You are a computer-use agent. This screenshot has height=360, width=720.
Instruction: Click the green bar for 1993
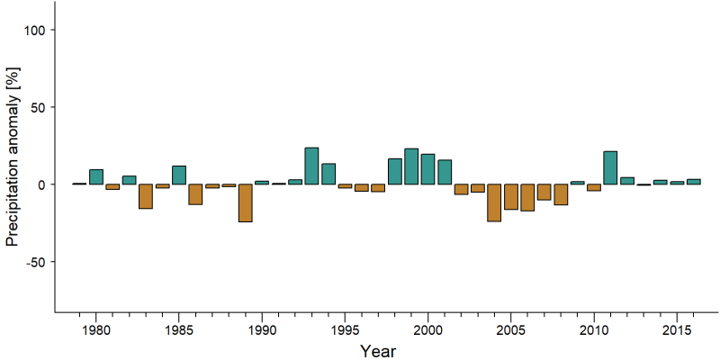pos(311,166)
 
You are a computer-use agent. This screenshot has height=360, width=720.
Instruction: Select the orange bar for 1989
pos(245,203)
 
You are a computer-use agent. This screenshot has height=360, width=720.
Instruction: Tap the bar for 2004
pos(494,203)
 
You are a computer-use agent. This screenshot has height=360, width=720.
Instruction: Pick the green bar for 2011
pos(610,167)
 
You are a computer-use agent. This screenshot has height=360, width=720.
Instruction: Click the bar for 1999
pos(411,166)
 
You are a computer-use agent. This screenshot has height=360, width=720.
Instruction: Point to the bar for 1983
pos(146,196)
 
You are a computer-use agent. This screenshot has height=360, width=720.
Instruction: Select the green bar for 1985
pos(179,175)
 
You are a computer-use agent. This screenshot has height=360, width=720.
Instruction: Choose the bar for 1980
pos(96,176)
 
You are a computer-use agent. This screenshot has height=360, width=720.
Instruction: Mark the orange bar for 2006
pos(527,197)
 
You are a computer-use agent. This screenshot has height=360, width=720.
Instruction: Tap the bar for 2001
pos(445,172)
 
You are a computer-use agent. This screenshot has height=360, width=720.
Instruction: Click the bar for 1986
pos(195,194)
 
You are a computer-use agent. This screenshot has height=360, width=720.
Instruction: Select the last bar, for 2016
pos(693,182)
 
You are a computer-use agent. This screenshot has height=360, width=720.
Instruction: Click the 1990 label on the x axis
pos(262,329)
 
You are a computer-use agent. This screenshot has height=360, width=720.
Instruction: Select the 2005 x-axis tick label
pos(510,329)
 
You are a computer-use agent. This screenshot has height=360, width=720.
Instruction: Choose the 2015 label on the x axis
pos(677,329)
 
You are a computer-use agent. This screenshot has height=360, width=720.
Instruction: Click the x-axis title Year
pos(377,351)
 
